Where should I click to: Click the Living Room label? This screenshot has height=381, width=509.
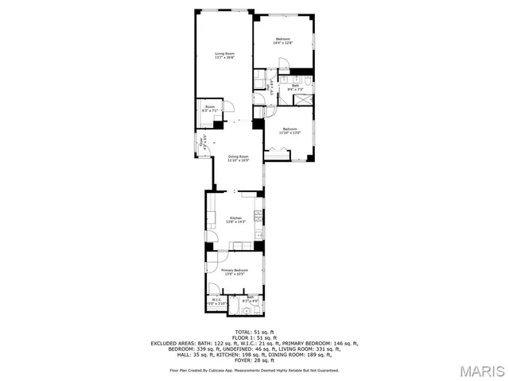223,53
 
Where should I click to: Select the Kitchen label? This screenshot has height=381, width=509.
235,218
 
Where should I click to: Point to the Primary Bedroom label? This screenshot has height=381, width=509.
235,270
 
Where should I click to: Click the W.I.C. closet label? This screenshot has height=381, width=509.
216,299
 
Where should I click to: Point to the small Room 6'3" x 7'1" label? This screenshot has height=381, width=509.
210,108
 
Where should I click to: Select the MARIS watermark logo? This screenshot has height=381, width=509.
476,370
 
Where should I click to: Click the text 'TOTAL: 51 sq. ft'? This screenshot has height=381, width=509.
254,332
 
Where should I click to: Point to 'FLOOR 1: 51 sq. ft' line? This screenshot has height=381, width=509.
254,337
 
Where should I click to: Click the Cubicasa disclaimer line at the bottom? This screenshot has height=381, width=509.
254,370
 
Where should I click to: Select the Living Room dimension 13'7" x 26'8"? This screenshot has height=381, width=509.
223,57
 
